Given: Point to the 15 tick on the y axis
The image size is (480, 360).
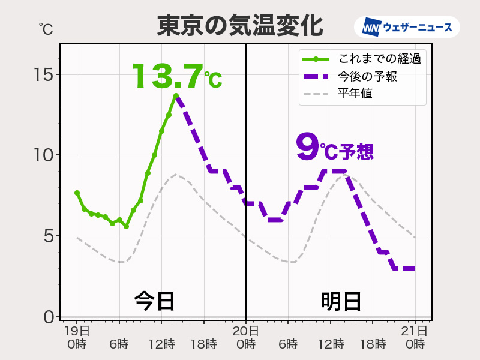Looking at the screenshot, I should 44,75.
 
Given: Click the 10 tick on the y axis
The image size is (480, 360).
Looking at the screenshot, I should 44,155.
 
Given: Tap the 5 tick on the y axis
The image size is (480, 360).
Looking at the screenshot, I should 48,236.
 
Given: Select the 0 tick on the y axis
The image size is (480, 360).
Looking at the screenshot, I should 48,316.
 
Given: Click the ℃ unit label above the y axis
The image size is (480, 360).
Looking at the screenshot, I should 46,29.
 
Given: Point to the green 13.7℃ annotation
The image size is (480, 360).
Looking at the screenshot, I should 176,76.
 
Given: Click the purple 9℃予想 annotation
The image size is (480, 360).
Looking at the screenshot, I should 335,148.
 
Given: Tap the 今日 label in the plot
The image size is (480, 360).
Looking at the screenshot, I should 154,301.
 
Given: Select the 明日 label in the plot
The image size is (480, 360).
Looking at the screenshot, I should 341,301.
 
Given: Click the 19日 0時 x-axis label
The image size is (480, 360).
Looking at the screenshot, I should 77,337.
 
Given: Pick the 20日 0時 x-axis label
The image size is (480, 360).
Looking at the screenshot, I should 246,337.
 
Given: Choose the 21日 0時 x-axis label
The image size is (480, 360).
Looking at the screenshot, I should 415,337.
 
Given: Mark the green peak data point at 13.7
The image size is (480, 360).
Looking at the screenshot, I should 176,96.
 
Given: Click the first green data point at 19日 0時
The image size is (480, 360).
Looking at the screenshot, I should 77,193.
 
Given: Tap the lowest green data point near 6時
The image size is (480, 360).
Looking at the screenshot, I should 127,227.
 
